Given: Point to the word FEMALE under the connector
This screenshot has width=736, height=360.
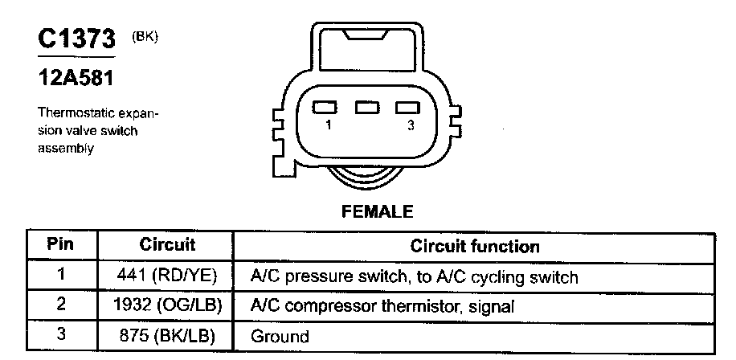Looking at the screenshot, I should click(x=377, y=212).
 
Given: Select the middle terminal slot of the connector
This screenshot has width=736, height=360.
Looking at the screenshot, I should click(x=367, y=108).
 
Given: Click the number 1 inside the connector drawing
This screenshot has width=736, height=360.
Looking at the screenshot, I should click(x=329, y=126).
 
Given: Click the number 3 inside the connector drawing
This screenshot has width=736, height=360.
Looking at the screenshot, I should click(x=411, y=126).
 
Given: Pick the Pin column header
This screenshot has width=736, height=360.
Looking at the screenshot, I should click(x=61, y=244).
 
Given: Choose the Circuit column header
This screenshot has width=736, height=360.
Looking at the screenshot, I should click(x=167, y=244).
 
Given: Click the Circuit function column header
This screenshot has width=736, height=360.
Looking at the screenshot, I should click(x=475, y=245).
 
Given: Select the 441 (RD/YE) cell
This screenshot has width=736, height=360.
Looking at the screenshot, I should click(x=167, y=276).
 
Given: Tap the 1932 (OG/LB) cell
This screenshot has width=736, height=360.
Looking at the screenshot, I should click(x=169, y=305).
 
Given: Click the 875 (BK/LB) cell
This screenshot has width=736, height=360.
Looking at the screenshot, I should click(x=167, y=335).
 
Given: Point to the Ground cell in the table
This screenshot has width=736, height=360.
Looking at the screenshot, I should click(x=280, y=336).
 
